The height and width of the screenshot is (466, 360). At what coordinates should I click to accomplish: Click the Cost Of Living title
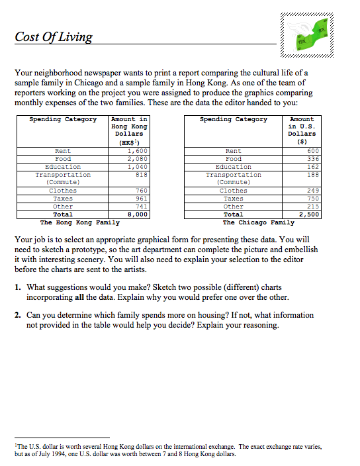point(54,36)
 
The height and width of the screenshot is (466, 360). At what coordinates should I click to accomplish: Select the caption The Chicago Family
point(253,222)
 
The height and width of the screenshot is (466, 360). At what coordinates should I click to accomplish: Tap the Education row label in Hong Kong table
point(63,167)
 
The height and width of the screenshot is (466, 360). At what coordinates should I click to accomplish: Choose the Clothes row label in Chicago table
point(233,191)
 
